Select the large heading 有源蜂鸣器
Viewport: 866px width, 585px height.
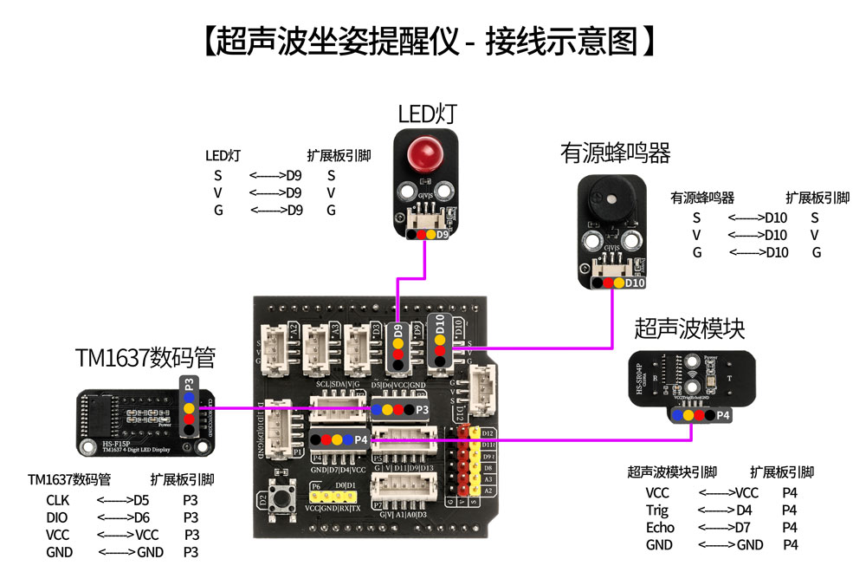[615, 153]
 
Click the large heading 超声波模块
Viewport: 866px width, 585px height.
[689, 328]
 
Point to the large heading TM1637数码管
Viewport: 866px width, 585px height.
[145, 357]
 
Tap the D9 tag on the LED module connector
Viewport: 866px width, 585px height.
[442, 234]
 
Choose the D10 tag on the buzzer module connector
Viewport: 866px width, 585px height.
[635, 283]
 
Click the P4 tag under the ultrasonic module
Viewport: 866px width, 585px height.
[723, 415]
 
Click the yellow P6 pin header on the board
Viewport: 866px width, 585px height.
[333, 497]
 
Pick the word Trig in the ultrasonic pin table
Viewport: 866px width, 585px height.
[657, 510]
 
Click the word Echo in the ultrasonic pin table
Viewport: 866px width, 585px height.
[659, 527]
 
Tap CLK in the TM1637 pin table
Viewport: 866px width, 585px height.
[57, 500]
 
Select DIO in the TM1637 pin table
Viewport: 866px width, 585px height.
[56, 517]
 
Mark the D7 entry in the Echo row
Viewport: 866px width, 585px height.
[742, 527]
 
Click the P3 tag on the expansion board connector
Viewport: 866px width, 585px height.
[422, 408]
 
